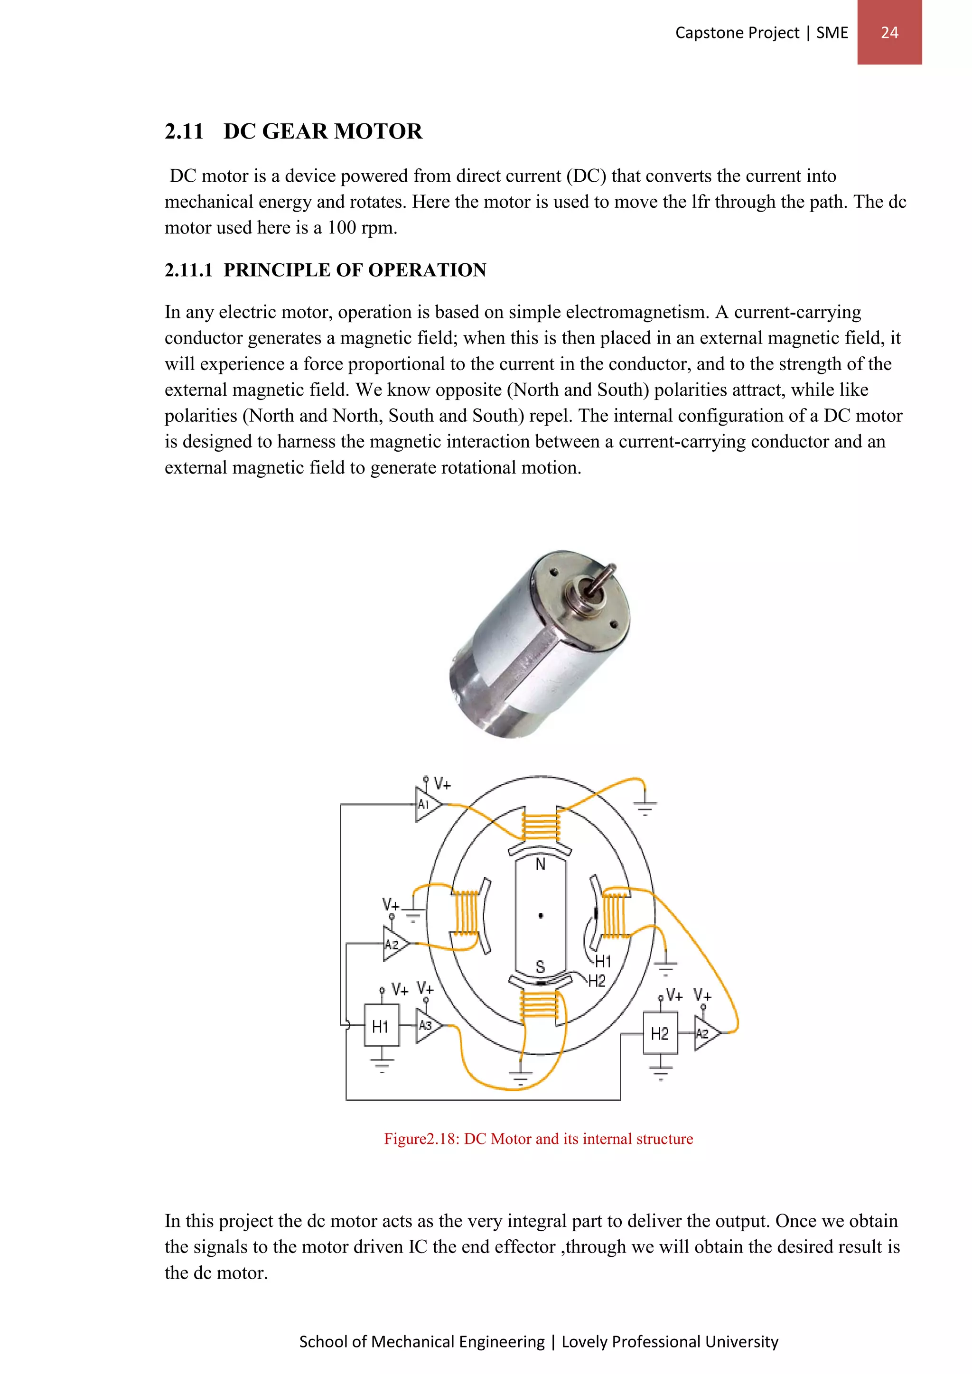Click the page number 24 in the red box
tap(889, 32)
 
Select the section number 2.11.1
tap(188, 270)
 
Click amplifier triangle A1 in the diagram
tap(426, 804)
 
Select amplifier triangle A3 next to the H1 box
tap(427, 1025)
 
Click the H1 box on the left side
tap(381, 1027)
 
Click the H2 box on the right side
tap(660, 1033)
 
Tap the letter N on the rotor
tap(541, 864)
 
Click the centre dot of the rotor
tap(541, 916)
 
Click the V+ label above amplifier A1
tap(442, 784)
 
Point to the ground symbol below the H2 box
tap(660, 1071)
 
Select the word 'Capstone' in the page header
tap(704, 33)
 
